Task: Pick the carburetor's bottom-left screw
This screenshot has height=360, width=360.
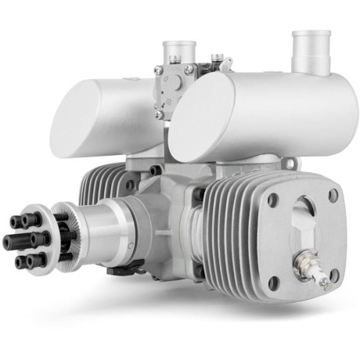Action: click(x=159, y=114)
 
